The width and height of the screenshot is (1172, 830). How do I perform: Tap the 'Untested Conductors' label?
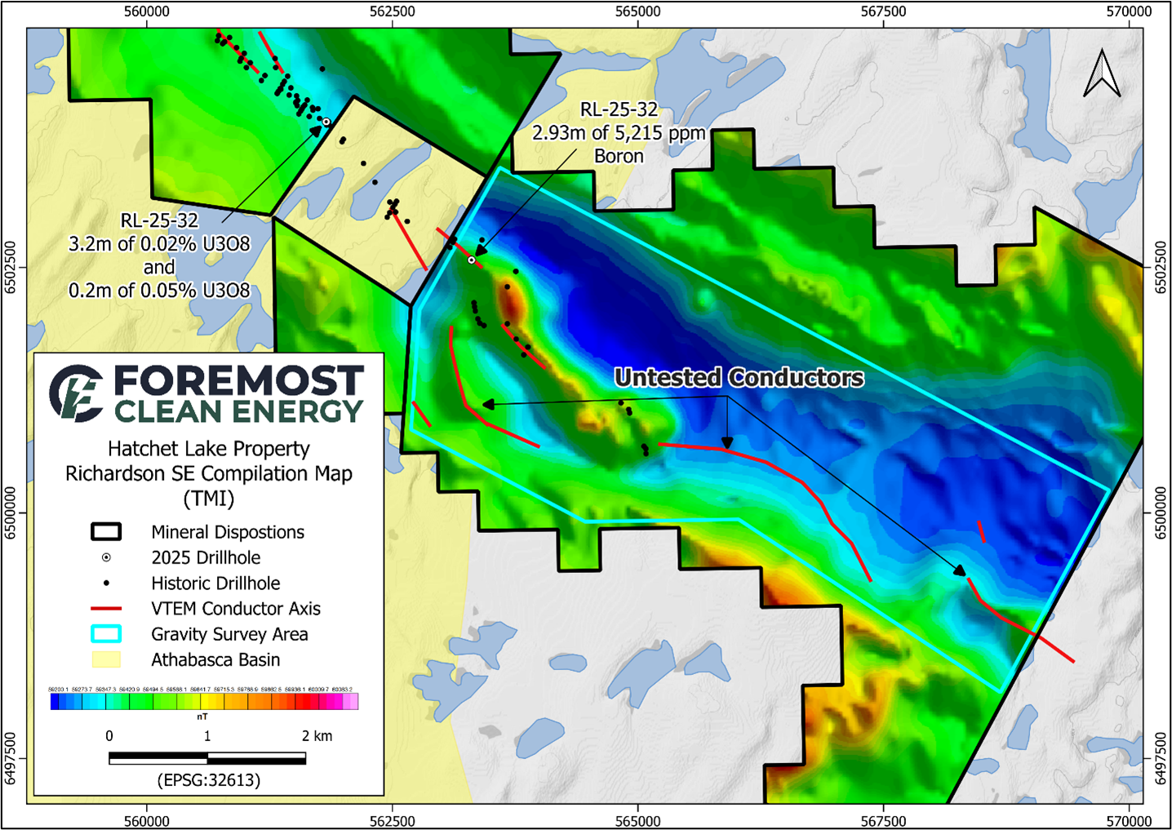(x=739, y=378)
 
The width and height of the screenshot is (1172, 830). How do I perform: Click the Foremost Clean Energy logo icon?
(x=76, y=393)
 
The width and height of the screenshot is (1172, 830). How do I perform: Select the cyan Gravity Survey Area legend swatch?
(x=106, y=634)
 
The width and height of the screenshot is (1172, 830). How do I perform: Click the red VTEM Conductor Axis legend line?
(x=106, y=609)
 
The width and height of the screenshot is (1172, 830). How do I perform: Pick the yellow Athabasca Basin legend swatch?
(x=106, y=659)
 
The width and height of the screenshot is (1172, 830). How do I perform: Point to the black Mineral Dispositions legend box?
(x=106, y=532)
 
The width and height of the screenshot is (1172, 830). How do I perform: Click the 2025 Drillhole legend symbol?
(x=106, y=557)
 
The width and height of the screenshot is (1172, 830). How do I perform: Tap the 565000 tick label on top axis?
(x=637, y=11)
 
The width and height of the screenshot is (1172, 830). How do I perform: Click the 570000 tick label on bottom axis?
(x=1129, y=820)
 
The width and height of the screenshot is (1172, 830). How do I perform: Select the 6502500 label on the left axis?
(x=11, y=267)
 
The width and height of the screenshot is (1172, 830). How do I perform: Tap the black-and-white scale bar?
(x=207, y=759)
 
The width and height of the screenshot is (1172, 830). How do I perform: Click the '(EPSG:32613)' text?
(x=209, y=780)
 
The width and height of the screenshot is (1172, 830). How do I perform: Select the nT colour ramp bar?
(x=204, y=701)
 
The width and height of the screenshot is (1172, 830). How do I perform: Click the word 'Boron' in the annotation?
(x=619, y=156)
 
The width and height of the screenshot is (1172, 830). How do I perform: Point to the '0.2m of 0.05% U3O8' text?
(x=159, y=291)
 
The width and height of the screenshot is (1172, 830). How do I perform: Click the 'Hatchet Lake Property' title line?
(x=209, y=449)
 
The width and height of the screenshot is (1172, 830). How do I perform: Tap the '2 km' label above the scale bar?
(x=317, y=736)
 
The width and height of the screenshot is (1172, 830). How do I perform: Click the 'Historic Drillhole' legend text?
(x=215, y=584)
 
